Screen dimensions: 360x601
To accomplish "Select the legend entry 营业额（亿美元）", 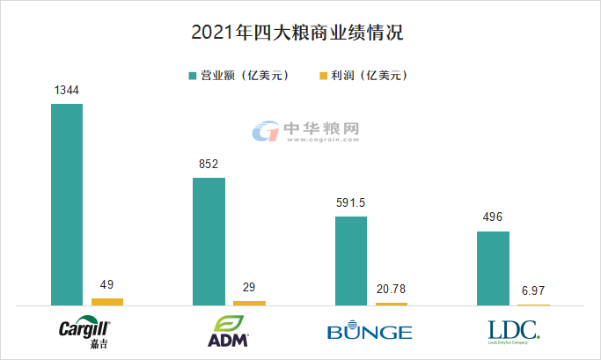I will click(x=238, y=76).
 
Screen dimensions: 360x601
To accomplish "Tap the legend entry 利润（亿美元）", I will click(x=360, y=76).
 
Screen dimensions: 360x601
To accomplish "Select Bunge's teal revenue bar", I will click(x=351, y=261).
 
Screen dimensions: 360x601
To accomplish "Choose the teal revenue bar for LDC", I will click(x=493, y=268).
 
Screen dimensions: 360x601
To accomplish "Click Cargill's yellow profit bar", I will click(x=107, y=301).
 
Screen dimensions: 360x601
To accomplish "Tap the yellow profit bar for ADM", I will click(x=249, y=303).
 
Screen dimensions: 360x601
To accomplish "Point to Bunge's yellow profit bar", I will click(x=392, y=304).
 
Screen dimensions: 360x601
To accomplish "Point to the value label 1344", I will click(x=67, y=91).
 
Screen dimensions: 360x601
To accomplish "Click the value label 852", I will click(x=209, y=165).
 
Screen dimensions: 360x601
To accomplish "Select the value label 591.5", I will click(x=351, y=203).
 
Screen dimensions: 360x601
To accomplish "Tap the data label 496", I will click(x=493, y=218).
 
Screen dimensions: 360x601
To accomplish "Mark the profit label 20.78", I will click(x=392, y=290).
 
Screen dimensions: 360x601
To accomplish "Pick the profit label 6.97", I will click(x=533, y=291).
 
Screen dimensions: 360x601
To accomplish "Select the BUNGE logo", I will click(x=370, y=332).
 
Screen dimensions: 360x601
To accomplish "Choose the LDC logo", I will click(x=514, y=330).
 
